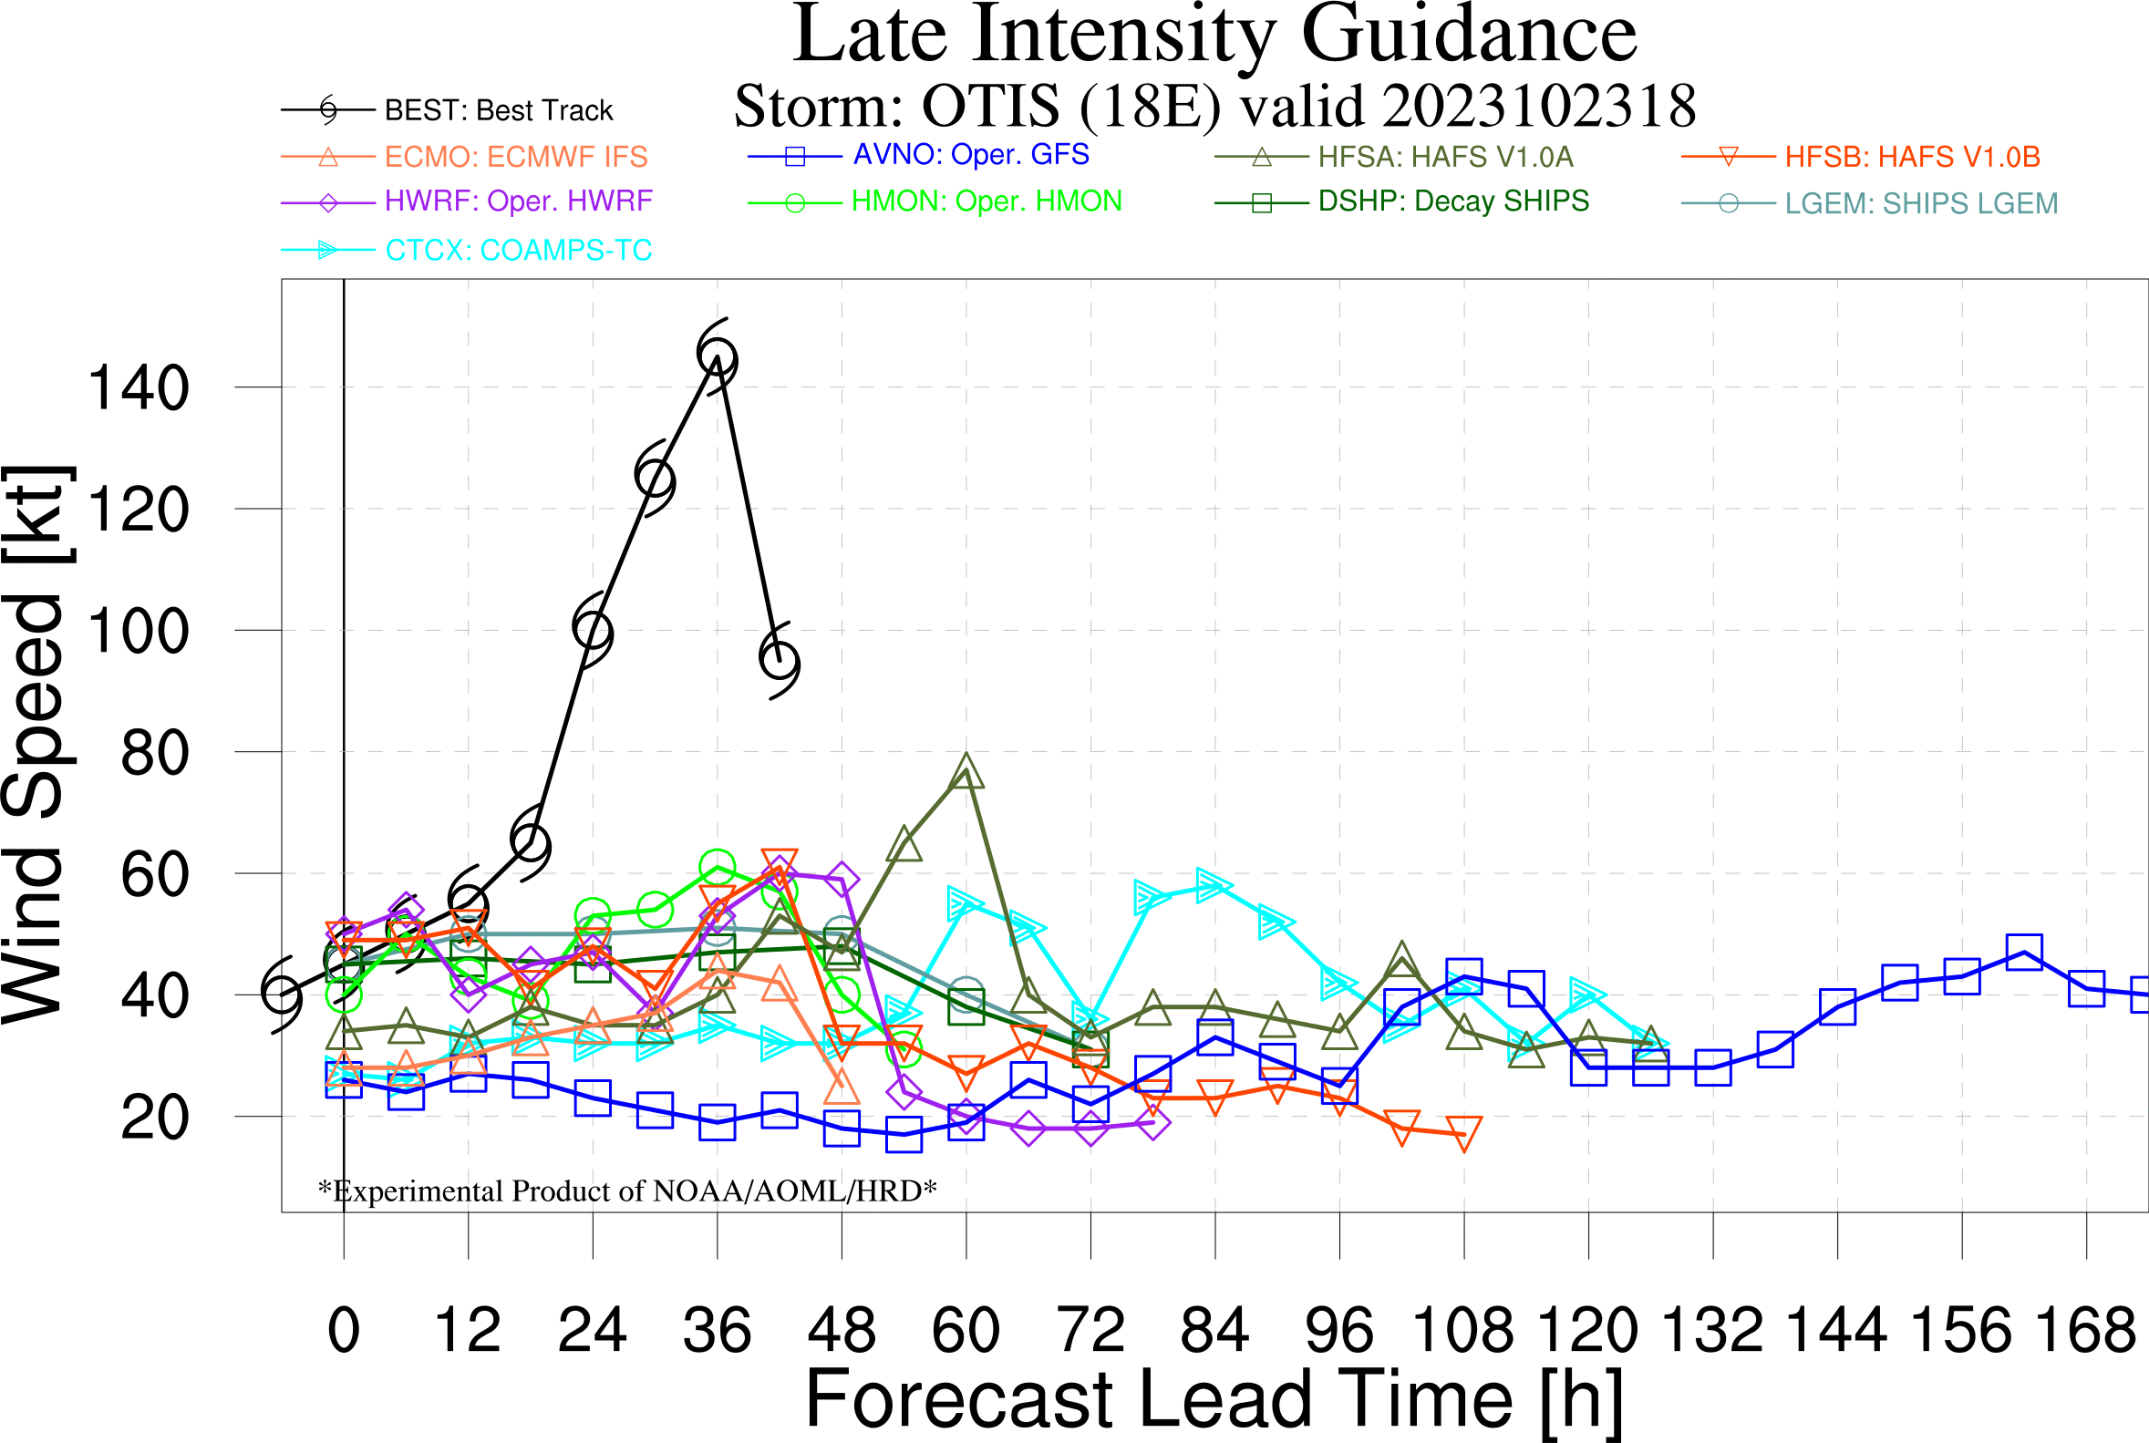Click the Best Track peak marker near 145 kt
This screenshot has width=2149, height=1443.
(717, 357)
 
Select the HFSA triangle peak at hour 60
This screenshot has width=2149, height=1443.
(966, 771)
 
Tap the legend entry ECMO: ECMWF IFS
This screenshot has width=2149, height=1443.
(515, 158)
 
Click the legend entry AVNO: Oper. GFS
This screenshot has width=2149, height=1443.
(971, 155)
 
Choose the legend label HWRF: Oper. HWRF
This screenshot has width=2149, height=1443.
(518, 201)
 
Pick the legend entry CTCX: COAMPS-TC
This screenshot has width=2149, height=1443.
(518, 251)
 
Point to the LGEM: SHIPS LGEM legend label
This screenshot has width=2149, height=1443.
(1921, 203)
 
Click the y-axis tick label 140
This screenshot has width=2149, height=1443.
(138, 387)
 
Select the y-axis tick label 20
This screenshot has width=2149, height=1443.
(155, 1118)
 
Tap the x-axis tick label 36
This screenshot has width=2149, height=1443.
(717, 1331)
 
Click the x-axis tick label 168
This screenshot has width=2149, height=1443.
(2085, 1331)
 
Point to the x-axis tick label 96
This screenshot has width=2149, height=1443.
(1339, 1331)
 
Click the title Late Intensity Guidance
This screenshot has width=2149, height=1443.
(1214, 35)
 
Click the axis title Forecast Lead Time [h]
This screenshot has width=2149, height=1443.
(1214, 1400)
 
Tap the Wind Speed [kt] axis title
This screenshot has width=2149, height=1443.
(36, 745)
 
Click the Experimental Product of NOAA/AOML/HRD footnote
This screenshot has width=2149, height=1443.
(626, 1190)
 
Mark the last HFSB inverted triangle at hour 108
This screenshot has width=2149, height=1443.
(1463, 1134)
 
